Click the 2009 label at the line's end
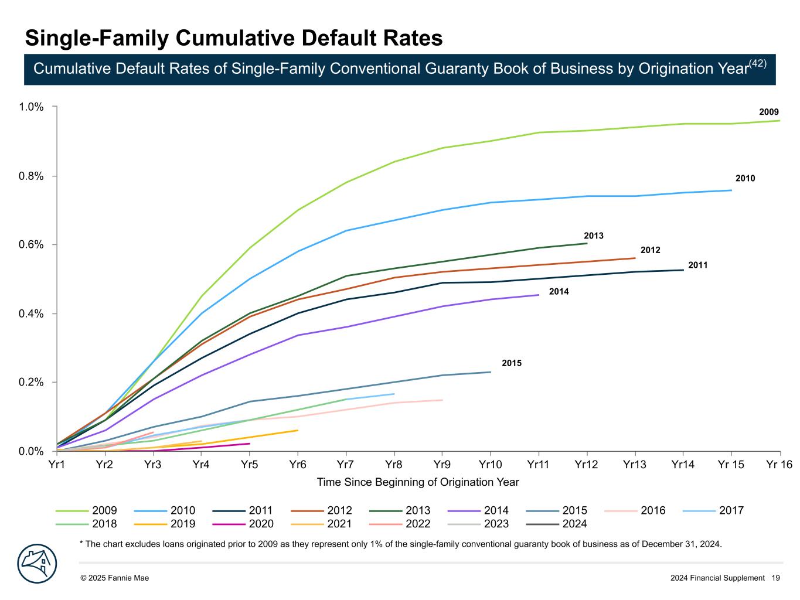click(x=769, y=112)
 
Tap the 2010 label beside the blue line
click(x=745, y=179)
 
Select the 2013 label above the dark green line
click(x=593, y=236)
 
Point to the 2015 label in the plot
click(x=511, y=363)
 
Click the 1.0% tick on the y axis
click(x=31, y=107)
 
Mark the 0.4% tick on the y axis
click(x=31, y=313)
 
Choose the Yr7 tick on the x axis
click(x=346, y=465)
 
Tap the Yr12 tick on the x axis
click(x=586, y=465)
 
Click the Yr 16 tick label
click(x=779, y=465)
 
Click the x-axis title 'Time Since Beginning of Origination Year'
click(x=418, y=482)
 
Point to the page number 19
click(x=775, y=578)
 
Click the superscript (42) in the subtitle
click(x=758, y=63)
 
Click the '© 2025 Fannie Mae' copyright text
click(x=114, y=578)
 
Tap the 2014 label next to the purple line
click(x=559, y=292)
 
